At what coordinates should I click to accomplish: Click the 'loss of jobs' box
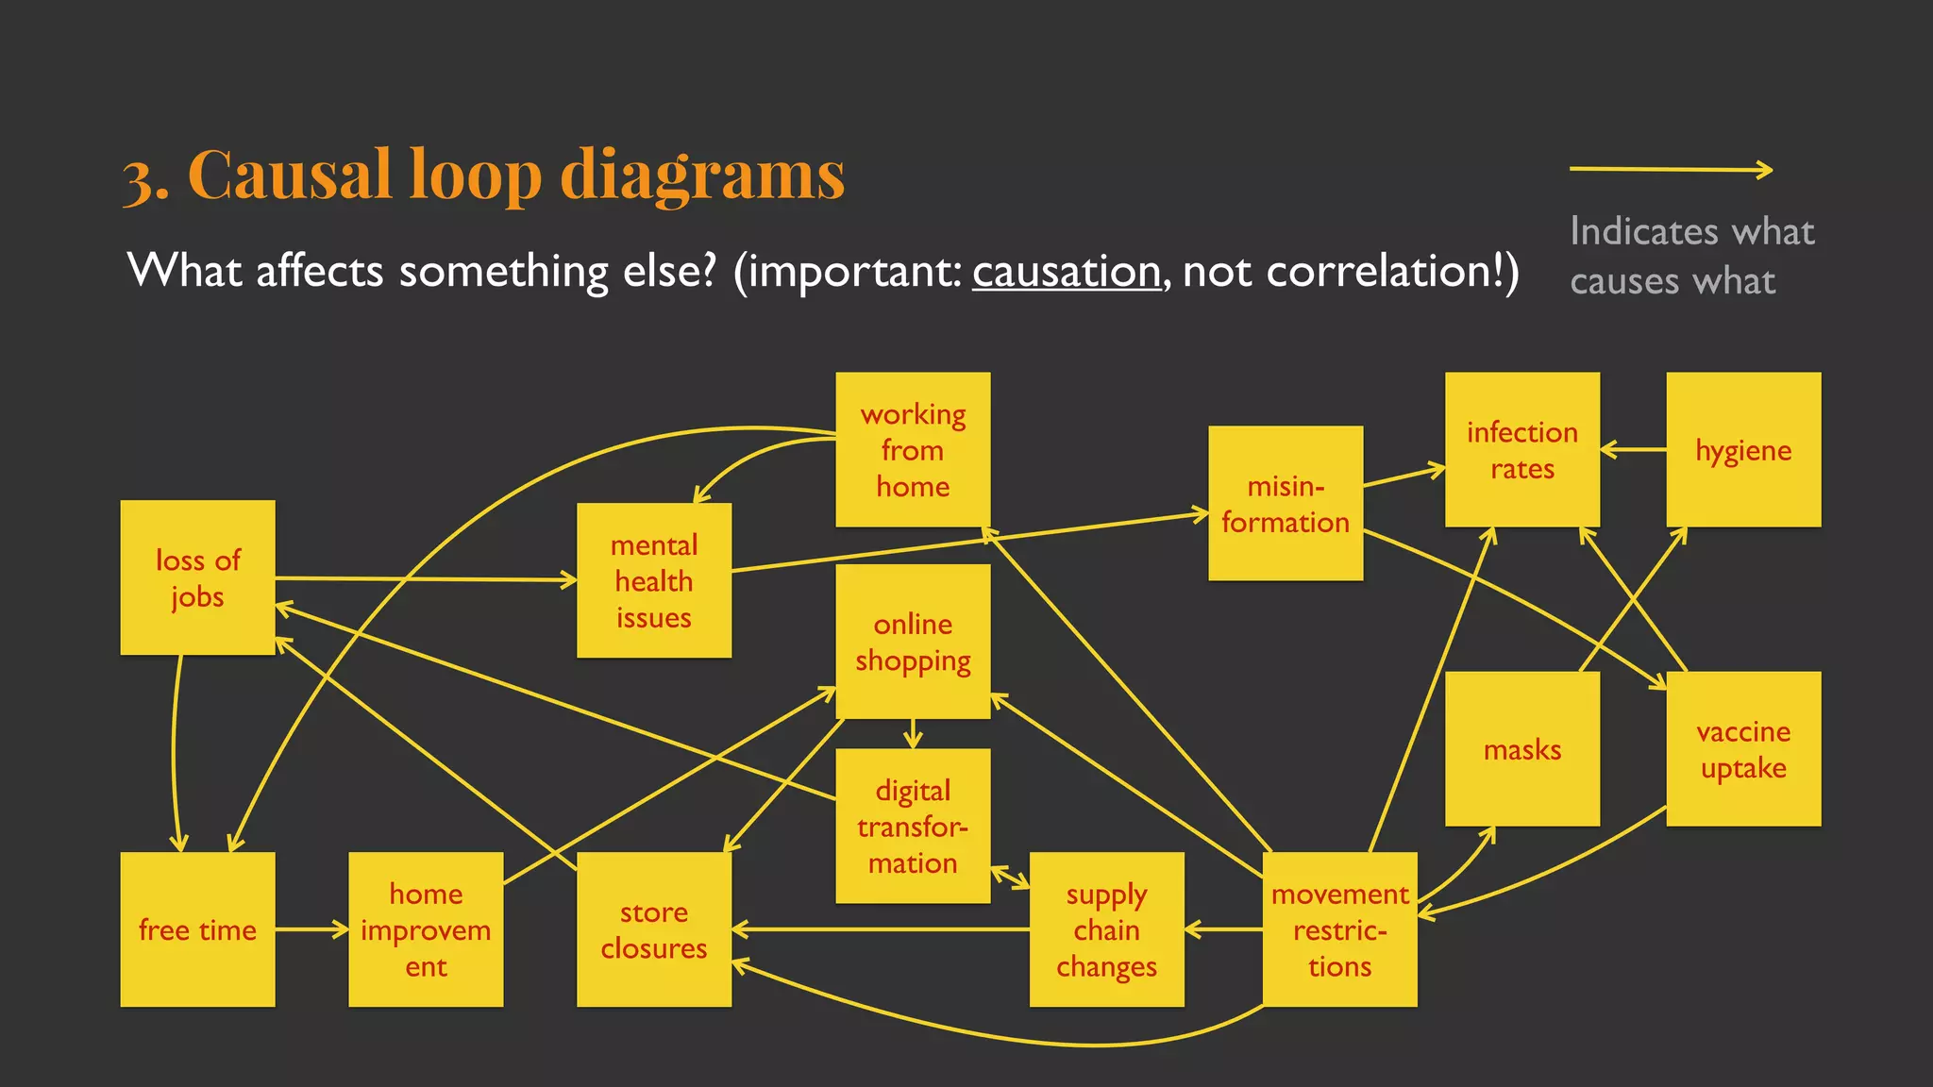(x=197, y=577)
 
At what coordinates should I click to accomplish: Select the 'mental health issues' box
(x=654, y=580)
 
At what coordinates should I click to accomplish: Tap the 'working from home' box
(x=913, y=450)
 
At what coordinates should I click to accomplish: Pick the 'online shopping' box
(x=913, y=642)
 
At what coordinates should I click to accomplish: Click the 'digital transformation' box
(x=913, y=826)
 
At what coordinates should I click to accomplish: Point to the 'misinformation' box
(x=1286, y=503)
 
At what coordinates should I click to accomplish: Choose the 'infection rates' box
(x=1521, y=450)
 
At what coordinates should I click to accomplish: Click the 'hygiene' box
(x=1743, y=450)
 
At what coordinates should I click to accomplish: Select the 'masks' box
(x=1521, y=749)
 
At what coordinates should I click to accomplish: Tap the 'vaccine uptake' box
(x=1743, y=749)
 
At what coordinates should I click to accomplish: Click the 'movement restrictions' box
(x=1339, y=929)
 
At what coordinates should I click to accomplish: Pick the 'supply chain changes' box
(x=1106, y=929)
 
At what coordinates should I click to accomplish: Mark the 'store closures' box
(x=654, y=929)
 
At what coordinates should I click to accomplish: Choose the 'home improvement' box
(x=426, y=929)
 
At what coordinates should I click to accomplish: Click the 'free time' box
(x=197, y=929)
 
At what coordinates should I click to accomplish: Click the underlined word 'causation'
(x=1066, y=272)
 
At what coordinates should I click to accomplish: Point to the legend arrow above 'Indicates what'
(x=1671, y=170)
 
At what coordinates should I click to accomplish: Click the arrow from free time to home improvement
(x=311, y=929)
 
